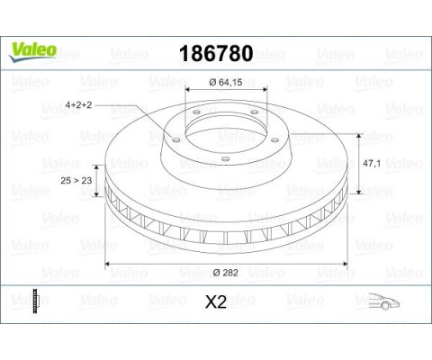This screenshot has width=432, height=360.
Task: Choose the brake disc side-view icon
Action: [x=34, y=300]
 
